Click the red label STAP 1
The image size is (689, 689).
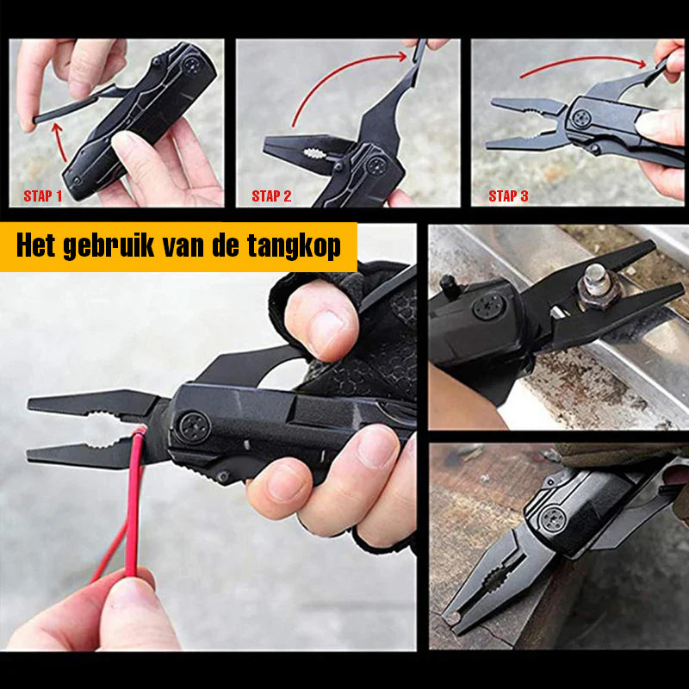pos(42,196)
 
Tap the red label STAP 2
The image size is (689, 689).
pos(271,196)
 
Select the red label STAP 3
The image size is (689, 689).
pos(508,196)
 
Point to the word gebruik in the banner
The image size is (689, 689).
pos(109,246)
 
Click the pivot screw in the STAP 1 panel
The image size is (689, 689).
pos(192,65)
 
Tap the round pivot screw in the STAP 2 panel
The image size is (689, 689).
pos(377,166)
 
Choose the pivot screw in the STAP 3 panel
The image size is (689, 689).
pos(580,118)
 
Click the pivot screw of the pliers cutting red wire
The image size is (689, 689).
pos(194,427)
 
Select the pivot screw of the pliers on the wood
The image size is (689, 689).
pos(553,519)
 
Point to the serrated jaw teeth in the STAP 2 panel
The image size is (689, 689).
pos(316,154)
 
